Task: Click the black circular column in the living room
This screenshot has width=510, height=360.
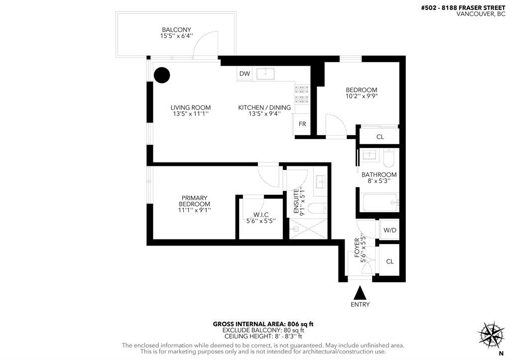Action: (161, 75)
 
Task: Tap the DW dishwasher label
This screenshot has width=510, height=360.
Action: (244, 74)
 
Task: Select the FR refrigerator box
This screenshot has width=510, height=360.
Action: (302, 124)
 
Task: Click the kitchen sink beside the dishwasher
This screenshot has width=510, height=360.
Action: (268, 74)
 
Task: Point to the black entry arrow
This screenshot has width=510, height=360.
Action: (360, 292)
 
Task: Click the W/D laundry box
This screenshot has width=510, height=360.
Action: (389, 231)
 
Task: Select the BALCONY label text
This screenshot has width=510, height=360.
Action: (176, 30)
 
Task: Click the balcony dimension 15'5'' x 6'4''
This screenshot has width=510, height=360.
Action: (176, 36)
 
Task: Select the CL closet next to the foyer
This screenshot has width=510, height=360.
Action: (389, 261)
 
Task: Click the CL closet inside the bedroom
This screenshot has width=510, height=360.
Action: (380, 137)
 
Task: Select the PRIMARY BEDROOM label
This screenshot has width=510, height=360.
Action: (194, 201)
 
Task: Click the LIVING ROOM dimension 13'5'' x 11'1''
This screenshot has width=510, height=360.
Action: (190, 114)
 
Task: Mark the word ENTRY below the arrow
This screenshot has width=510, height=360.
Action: (360, 305)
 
